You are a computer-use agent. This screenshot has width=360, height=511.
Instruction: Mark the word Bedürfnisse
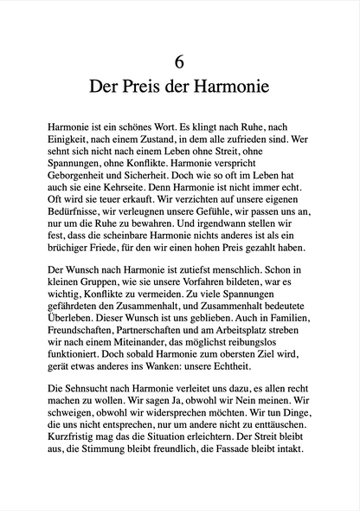78,223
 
